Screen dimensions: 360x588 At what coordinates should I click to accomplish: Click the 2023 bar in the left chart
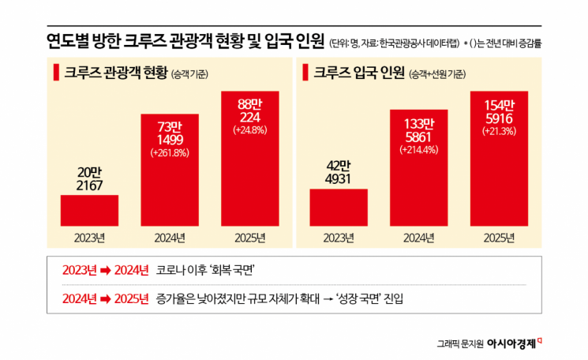coord(89,210)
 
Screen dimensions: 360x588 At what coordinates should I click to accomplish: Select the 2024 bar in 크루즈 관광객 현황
coord(170,189)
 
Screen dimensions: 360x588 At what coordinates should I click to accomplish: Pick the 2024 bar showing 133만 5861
coord(418,189)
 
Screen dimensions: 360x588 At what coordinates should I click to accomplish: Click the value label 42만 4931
coord(338,173)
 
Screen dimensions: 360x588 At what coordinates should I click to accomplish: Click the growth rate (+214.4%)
coord(418,148)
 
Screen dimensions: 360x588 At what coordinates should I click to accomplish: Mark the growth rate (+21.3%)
coord(498,131)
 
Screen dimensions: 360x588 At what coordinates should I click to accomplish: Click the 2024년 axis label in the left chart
coord(170,237)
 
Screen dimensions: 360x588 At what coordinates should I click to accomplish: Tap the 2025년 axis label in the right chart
coord(498,237)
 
